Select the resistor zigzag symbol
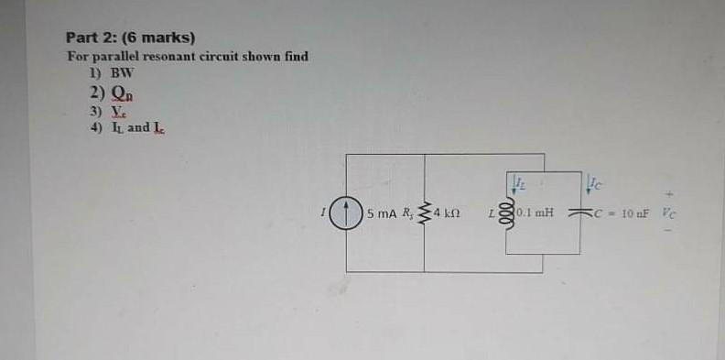click(x=424, y=215)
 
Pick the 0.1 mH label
click(x=534, y=214)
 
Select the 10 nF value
click(x=633, y=214)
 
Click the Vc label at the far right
click(x=670, y=214)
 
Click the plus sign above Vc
click(x=670, y=194)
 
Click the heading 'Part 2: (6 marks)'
click(x=130, y=38)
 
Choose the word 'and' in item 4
click(x=138, y=128)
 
